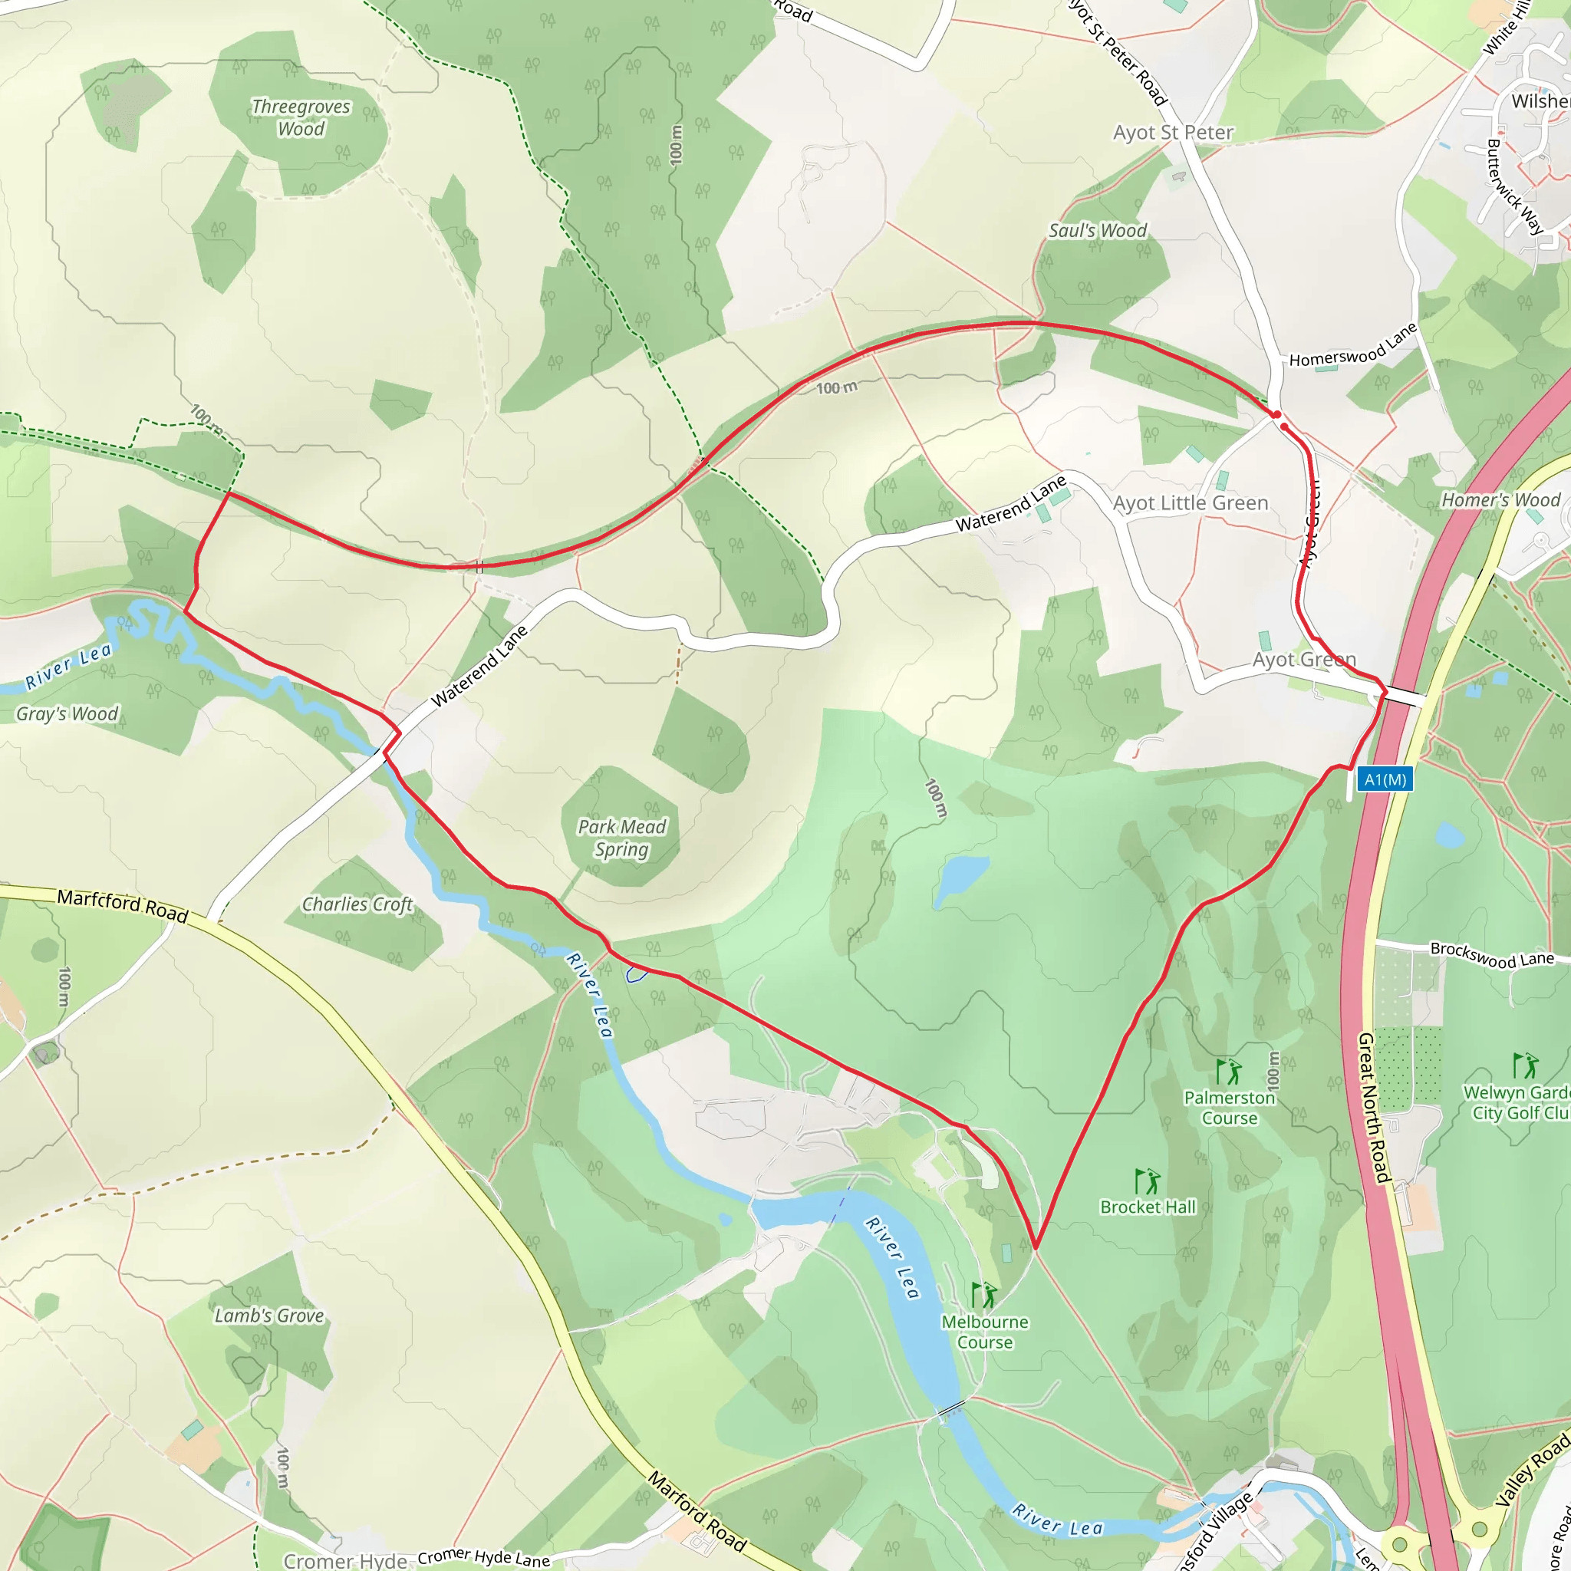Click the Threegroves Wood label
301,118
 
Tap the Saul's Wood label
1097,231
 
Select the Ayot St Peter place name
1173,133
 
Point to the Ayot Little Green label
1191,503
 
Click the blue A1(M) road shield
1385,780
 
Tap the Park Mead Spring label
622,838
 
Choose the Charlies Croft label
357,905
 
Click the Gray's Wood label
68,714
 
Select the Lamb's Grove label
269,1316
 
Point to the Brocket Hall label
1148,1207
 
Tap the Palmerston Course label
1230,1108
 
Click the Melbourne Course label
985,1332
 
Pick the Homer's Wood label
1501,500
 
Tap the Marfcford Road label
123,905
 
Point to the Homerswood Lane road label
1353,347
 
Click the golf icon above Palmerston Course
1228,1072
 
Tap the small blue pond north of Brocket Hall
960,879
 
